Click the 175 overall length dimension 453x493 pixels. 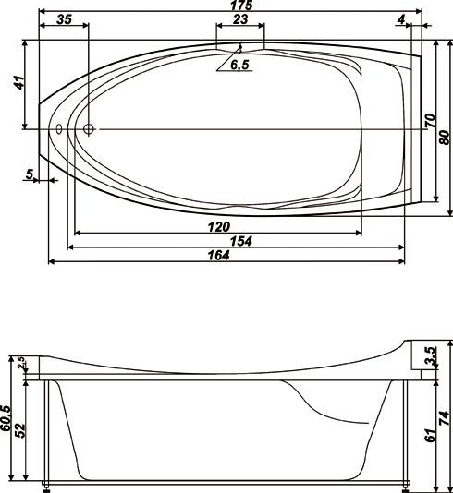241,5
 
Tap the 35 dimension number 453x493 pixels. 64,19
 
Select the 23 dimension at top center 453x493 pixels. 240,19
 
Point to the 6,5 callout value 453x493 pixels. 239,65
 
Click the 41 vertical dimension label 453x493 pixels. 19,82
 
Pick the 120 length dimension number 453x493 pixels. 219,227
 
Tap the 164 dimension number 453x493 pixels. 218,255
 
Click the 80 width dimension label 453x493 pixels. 445,138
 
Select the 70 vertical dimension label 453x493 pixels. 430,121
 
